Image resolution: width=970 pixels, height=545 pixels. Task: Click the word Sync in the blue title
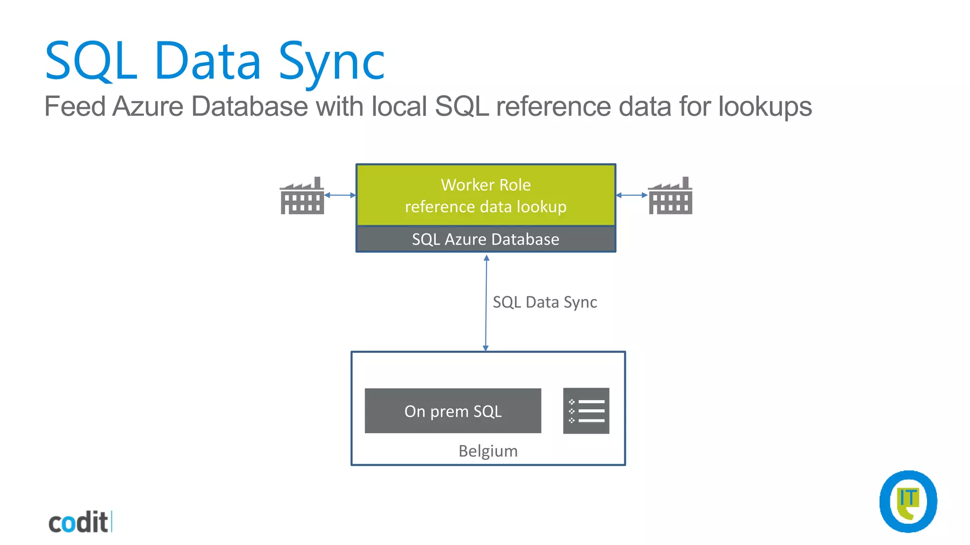[332, 62]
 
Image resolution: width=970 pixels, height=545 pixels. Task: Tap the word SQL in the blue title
[91, 62]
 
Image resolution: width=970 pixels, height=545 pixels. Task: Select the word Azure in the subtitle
[147, 106]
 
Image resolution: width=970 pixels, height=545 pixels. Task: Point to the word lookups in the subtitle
[765, 106]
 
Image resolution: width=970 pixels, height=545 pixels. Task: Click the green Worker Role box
[485, 195]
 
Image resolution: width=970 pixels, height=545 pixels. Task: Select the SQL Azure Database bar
[485, 239]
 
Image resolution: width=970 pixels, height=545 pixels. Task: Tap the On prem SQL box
[453, 411]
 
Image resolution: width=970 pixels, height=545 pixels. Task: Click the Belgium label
[488, 451]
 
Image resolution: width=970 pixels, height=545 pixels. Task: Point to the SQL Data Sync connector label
[545, 302]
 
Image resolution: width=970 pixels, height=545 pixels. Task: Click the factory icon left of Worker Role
[302, 196]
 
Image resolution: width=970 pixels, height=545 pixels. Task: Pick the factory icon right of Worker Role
[670, 196]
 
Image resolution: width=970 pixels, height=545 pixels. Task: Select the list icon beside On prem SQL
[586, 411]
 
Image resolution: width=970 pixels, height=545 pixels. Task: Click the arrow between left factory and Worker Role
[340, 195]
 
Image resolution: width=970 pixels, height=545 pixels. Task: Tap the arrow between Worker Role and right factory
[631, 195]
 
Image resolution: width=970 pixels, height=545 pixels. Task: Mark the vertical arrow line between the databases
[486, 303]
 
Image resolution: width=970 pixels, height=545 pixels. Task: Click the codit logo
[80, 522]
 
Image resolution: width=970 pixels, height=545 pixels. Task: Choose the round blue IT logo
[908, 501]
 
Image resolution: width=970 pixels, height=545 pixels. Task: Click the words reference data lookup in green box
[485, 207]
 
